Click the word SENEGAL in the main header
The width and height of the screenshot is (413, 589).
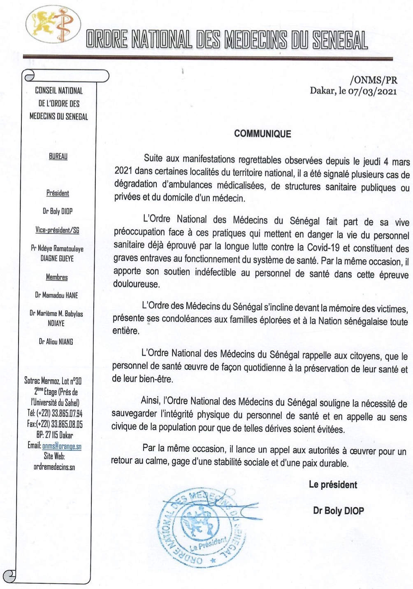coord(340,41)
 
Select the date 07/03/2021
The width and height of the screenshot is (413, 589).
coord(373,91)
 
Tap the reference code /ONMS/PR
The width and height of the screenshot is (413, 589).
coord(374,80)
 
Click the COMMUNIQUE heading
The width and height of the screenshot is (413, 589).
coord(262,134)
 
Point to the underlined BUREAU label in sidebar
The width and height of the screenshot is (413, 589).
coord(58,156)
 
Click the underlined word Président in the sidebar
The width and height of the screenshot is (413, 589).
coord(58,193)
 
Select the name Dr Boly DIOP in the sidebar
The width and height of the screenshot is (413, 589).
coord(58,211)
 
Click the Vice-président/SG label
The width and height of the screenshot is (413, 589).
coord(57,230)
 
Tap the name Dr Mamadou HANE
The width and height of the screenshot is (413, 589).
coord(56,295)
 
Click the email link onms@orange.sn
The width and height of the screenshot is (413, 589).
coord(62,446)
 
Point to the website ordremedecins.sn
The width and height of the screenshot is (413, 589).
coord(54,467)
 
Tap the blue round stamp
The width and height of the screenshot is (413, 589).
coord(201,526)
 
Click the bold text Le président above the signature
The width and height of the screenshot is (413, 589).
coord(333,485)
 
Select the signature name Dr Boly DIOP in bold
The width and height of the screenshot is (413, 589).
coord(338,511)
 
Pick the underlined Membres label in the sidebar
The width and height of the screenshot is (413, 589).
coord(57,277)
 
